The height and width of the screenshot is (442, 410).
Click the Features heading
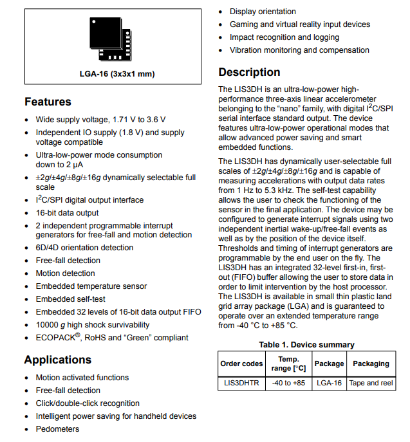tap(48, 102)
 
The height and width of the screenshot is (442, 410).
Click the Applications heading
tap(58, 360)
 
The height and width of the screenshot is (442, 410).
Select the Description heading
tap(249, 72)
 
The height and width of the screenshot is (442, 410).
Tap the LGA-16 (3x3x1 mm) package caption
tap(113, 73)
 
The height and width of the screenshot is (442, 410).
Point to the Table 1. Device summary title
tap(306, 345)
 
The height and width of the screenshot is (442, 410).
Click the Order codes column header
tap(241, 364)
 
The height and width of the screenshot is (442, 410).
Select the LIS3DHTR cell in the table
tap(241, 383)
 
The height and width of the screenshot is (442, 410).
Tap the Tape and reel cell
tap(371, 383)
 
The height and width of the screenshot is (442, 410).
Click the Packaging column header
tap(371, 364)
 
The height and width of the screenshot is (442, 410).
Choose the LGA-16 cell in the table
tap(329, 383)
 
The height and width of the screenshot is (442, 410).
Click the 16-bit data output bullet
tap(67, 213)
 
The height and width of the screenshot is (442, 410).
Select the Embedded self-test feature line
tap(70, 299)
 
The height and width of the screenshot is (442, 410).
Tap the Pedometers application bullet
tap(57, 429)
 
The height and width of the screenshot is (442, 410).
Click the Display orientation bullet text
tap(263, 12)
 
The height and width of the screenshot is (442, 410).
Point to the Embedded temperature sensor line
tap(91, 286)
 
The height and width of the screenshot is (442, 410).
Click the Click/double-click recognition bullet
tap(88, 403)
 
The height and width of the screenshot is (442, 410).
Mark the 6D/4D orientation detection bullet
tap(84, 248)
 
